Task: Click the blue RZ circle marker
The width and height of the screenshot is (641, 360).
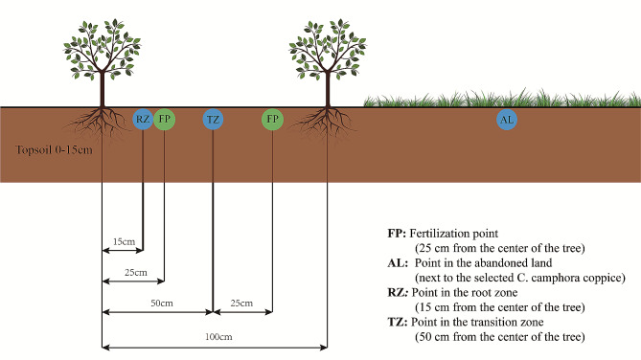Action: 143,120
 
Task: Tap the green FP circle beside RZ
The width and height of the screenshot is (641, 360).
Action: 165,120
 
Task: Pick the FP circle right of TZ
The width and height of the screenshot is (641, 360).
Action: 273,120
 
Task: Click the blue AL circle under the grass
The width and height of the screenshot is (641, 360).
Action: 507,120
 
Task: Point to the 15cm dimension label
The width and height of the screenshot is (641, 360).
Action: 122,241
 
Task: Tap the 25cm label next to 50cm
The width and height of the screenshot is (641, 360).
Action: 240,304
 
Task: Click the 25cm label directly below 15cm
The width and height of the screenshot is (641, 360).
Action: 136,273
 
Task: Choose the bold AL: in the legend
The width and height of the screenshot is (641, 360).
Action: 397,263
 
